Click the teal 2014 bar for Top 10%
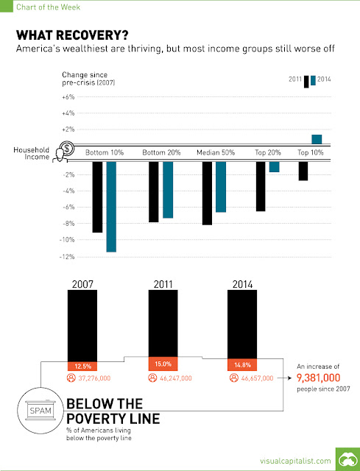point(317,139)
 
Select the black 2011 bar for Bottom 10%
point(97,197)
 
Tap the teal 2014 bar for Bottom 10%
point(111,207)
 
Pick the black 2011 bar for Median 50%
point(207,193)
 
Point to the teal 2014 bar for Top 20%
point(274,167)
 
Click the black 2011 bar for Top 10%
point(303,171)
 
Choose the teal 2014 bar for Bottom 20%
point(168,190)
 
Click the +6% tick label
point(68,97)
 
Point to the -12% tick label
point(67,257)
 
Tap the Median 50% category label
point(216,152)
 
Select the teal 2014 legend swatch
point(313,80)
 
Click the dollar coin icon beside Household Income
point(67,148)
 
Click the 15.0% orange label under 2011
point(163,364)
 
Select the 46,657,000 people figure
point(257,378)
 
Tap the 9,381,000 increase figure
point(319,378)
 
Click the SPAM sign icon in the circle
point(40,411)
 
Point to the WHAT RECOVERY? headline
point(72,35)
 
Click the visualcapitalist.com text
point(295,461)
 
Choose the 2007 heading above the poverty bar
point(82,284)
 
